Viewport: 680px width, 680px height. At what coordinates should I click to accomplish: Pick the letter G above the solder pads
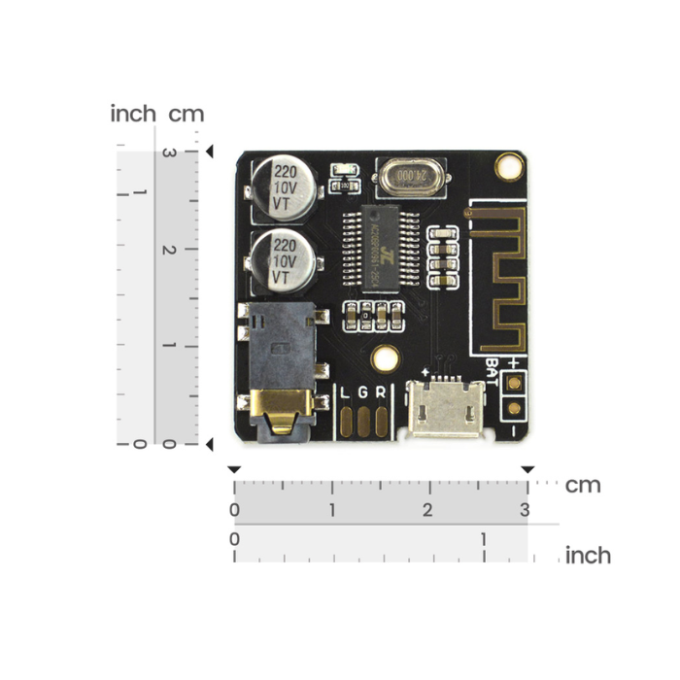tap(364, 392)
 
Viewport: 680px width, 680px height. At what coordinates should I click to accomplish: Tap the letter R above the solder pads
tap(380, 392)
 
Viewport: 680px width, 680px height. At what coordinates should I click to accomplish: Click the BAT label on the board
tap(493, 375)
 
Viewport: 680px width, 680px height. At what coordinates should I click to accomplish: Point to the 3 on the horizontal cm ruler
tap(525, 510)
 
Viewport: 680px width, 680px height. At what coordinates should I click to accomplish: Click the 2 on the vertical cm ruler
tap(168, 250)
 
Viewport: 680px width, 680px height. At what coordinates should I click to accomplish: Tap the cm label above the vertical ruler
tap(187, 114)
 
